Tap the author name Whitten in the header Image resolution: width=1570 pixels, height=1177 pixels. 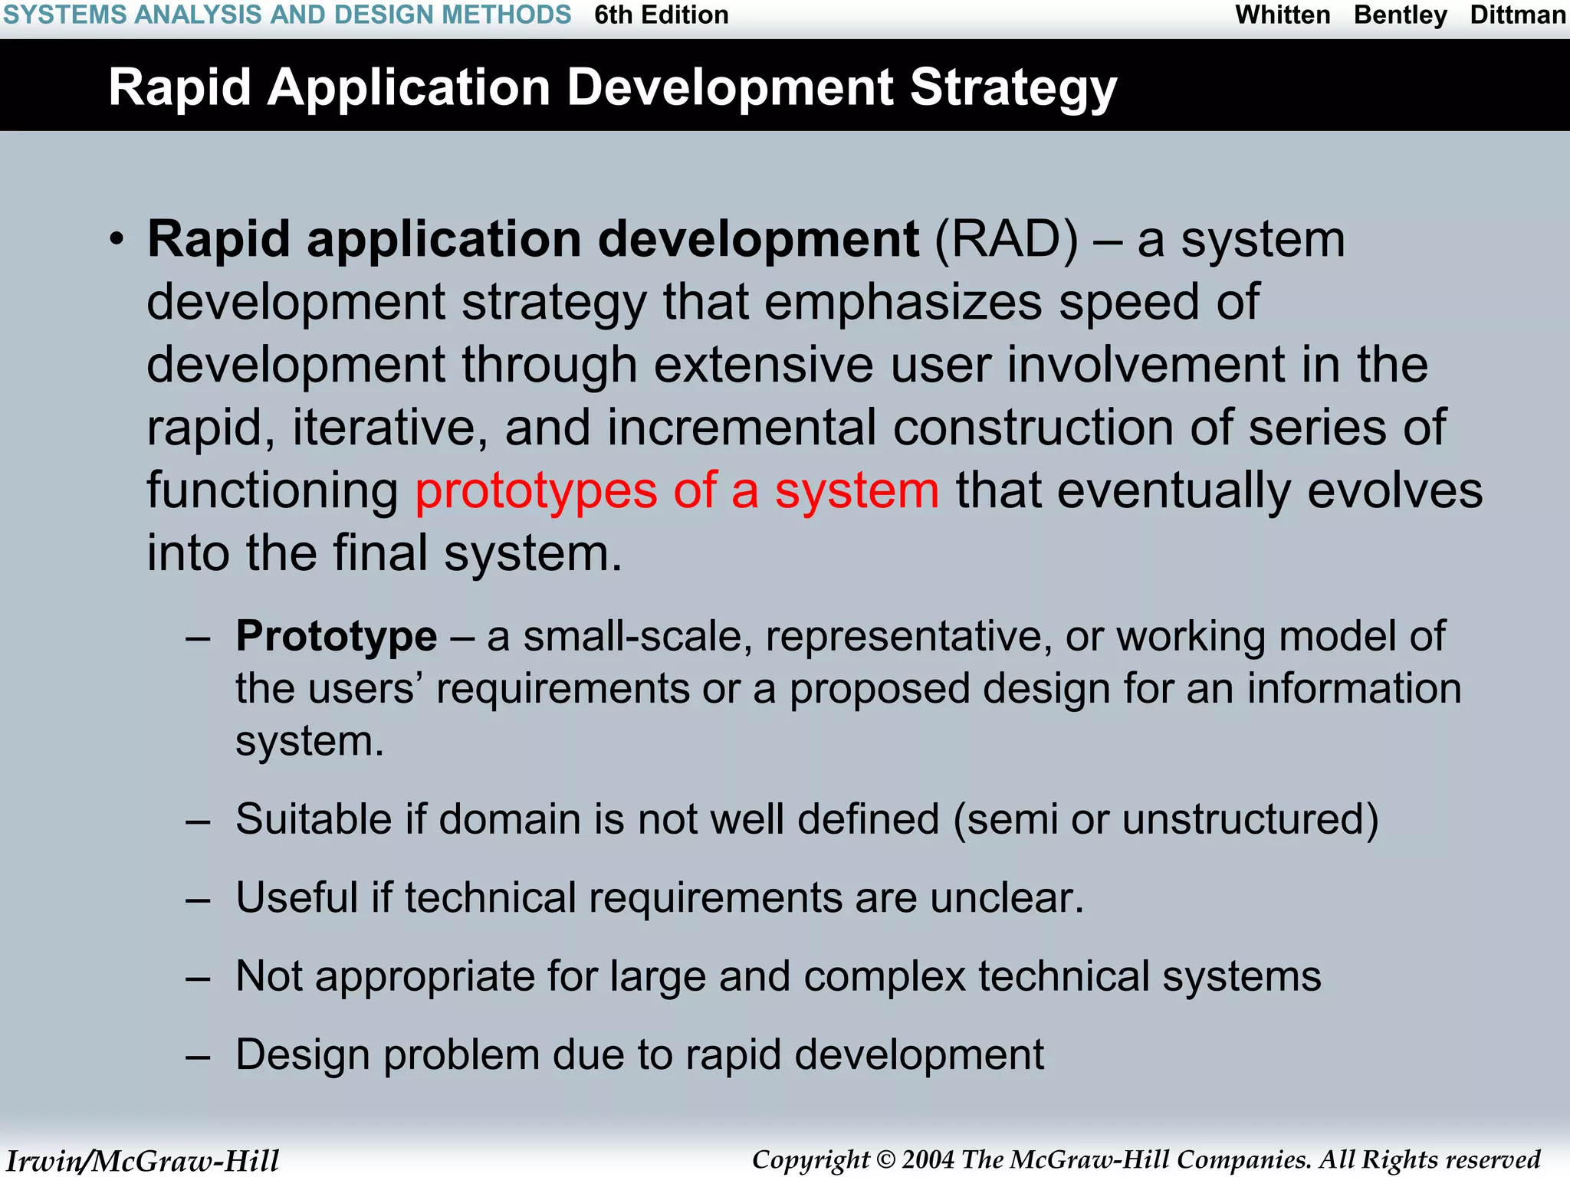[1283, 15]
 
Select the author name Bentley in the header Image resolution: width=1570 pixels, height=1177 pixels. [1400, 15]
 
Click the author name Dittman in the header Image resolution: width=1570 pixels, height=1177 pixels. [1517, 15]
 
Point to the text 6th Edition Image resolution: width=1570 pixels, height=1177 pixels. [661, 15]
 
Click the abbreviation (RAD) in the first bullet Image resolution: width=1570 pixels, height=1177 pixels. [1006, 240]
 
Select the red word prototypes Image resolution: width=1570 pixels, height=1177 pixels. [536, 491]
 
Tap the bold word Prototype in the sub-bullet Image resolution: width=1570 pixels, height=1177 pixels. [336, 636]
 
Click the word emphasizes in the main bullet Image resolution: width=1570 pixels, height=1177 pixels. [903, 302]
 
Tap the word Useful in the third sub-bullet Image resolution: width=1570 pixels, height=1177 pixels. [296, 897]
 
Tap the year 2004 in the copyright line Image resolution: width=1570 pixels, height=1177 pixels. [928, 1159]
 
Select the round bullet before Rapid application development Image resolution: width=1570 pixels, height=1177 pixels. [116, 240]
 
